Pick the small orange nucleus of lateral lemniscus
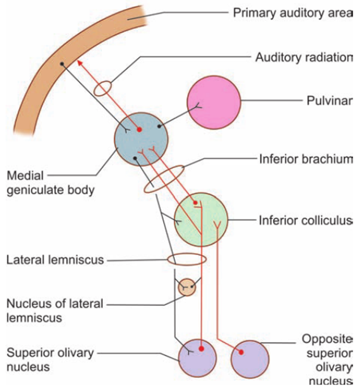click(187, 287)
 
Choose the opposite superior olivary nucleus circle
click(250, 358)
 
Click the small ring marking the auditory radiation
click(102, 88)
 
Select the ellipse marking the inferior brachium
click(164, 179)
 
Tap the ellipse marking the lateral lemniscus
click(186, 260)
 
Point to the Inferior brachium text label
click(309, 160)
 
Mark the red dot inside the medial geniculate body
click(139, 130)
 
